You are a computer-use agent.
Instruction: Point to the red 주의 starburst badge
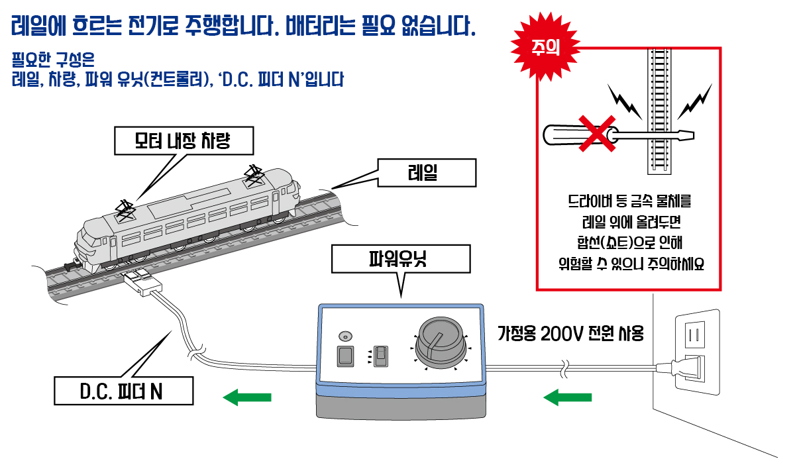click(x=547, y=47)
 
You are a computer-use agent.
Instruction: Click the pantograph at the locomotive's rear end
click(x=127, y=210)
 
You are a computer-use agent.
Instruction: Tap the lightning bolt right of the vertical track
click(x=694, y=100)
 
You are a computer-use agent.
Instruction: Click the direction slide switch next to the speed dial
click(x=380, y=356)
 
